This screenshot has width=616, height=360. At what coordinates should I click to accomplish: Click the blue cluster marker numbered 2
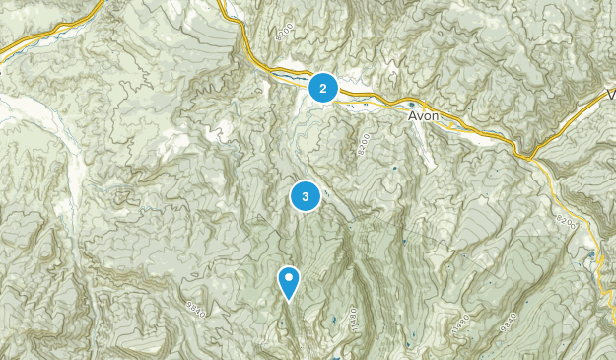pyautogui.click(x=323, y=88)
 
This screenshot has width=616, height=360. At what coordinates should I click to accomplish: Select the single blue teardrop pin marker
pyautogui.click(x=289, y=282)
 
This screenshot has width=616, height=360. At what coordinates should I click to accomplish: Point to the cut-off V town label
pyautogui.click(x=610, y=95)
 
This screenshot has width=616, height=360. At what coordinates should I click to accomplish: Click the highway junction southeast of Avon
pyautogui.click(x=528, y=154)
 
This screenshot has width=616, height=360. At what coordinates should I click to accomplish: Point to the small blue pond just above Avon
pyautogui.click(x=412, y=103)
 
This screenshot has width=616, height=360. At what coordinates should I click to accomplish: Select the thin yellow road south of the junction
pyautogui.click(x=567, y=197)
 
